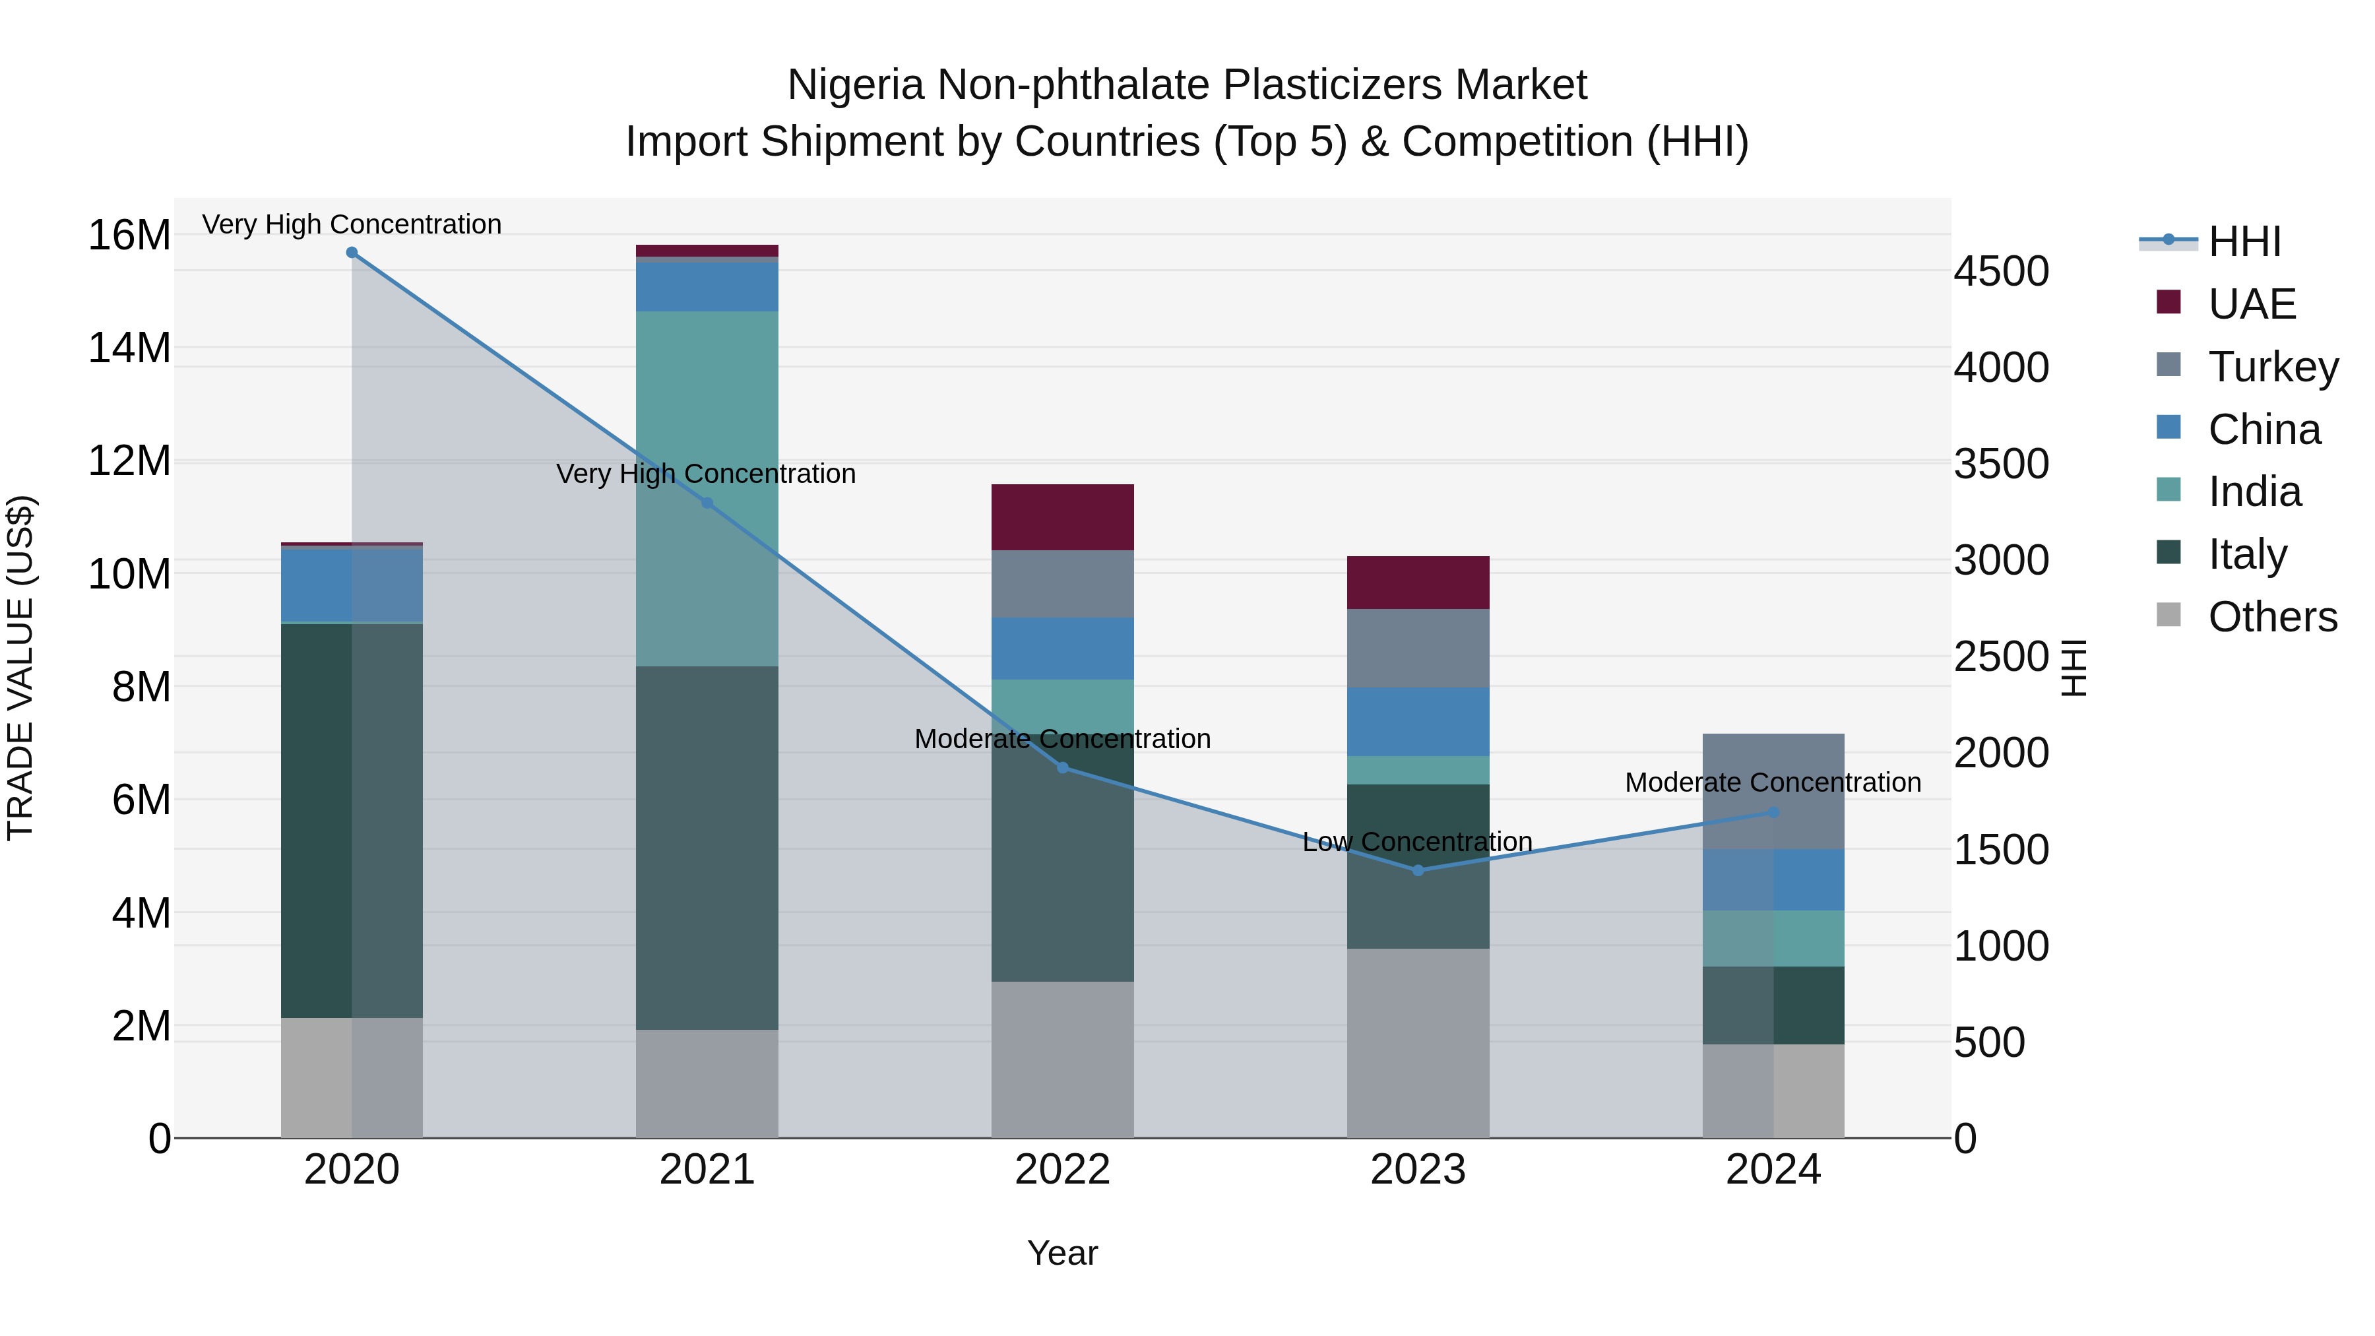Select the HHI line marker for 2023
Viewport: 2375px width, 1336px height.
click(x=1418, y=870)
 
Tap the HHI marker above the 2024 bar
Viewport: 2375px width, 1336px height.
click(x=1773, y=812)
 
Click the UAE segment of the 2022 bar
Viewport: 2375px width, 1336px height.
click(x=1062, y=517)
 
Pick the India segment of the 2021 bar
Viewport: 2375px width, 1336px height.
click(x=707, y=489)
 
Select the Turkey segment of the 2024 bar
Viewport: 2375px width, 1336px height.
click(x=1773, y=791)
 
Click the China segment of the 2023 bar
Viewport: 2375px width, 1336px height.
click(x=1418, y=722)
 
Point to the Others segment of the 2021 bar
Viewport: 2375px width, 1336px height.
click(x=707, y=1083)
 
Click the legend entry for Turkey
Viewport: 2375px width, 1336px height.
click(x=2273, y=367)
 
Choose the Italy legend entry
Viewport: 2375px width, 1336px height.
click(x=2247, y=554)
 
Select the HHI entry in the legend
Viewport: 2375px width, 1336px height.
click(x=2244, y=241)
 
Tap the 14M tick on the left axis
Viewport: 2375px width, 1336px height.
click(x=129, y=348)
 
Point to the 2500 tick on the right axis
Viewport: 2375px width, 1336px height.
click(x=2001, y=657)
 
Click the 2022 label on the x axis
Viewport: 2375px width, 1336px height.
click(x=1062, y=1170)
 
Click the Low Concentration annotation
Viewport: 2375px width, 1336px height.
click(x=1417, y=842)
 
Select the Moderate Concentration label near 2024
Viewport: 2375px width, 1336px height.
click(x=1772, y=782)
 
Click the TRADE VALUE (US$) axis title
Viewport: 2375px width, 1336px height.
click(x=20, y=668)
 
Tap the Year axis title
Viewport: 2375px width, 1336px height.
click(x=1062, y=1253)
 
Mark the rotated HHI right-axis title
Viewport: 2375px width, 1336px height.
click(x=2074, y=668)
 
